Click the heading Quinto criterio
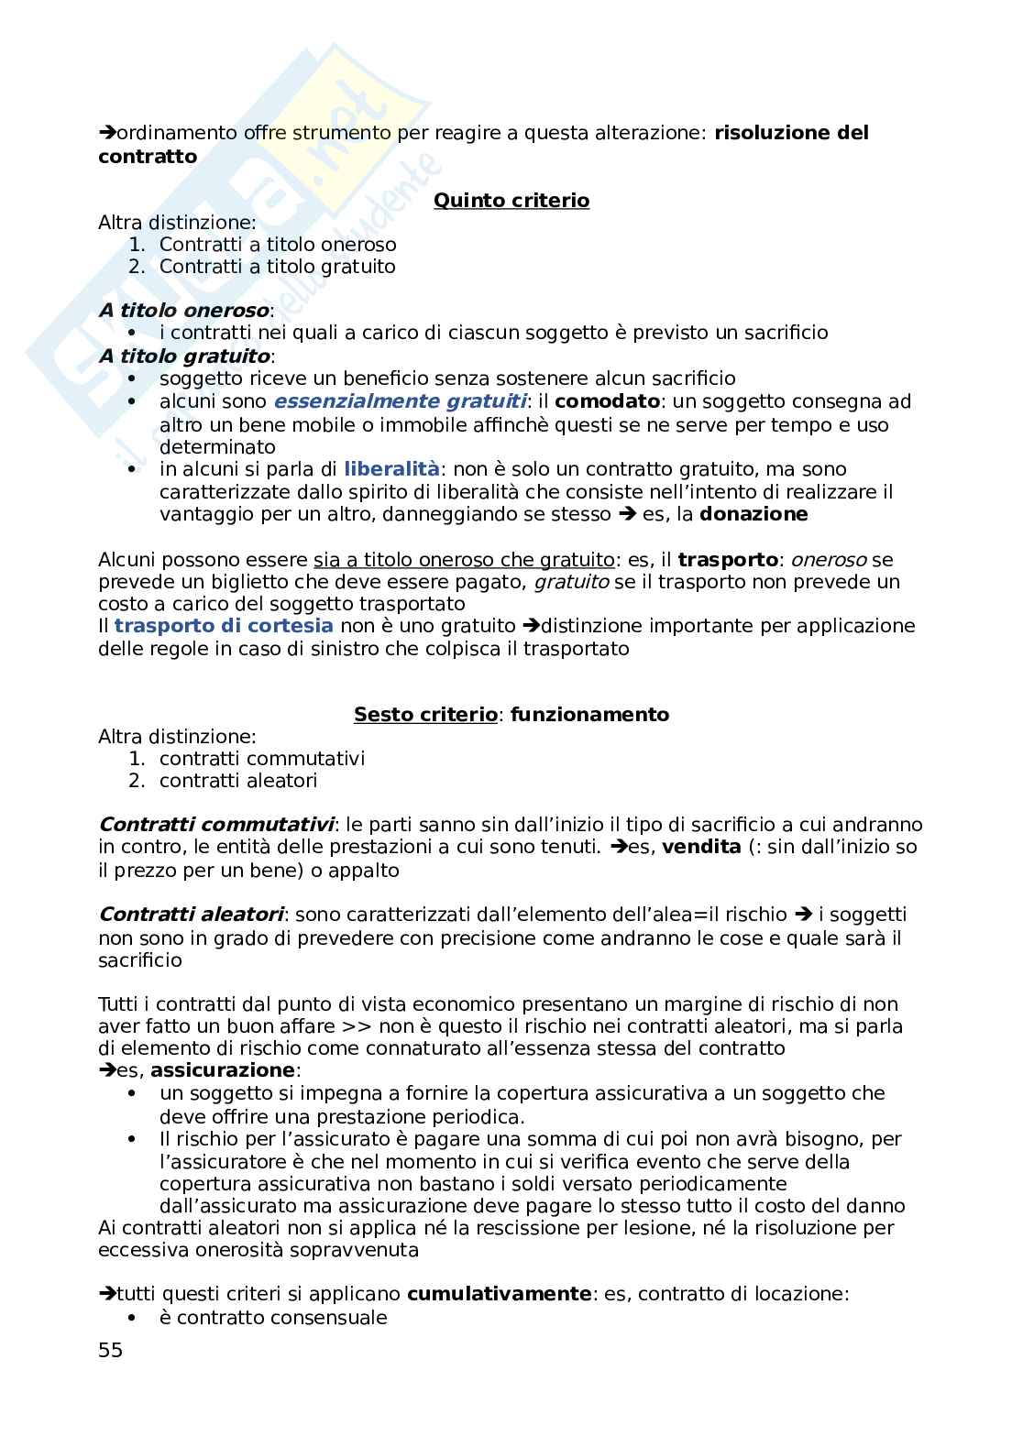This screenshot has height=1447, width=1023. [511, 200]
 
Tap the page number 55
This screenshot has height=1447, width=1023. [110, 1350]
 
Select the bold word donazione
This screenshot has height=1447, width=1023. [753, 514]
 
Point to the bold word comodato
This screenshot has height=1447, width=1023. [607, 401]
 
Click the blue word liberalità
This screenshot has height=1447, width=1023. [391, 469]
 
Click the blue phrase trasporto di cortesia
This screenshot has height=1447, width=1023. [224, 626]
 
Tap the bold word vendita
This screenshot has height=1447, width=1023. [701, 847]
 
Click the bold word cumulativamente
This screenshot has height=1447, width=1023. [499, 1294]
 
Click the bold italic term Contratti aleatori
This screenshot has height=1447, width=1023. [192, 915]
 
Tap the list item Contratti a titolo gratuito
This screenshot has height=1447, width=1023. [277, 267]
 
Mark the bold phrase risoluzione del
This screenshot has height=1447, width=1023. [791, 133]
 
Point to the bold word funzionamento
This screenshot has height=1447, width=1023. [589, 714]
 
